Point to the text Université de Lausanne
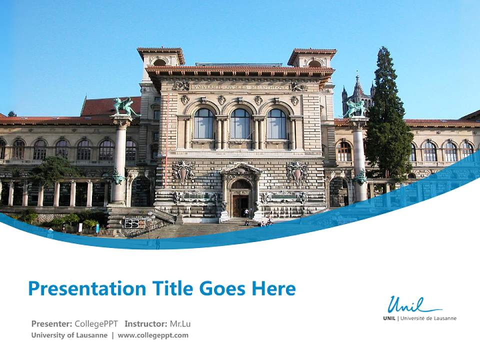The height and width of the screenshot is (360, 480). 428,318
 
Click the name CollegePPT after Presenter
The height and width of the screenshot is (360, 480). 96,324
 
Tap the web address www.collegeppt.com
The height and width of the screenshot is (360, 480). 153,335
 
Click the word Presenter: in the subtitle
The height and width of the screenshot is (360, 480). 51,324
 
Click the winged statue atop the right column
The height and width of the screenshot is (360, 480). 355,108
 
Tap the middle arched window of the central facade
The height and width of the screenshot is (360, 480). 240,123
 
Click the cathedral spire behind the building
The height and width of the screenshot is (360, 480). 357,89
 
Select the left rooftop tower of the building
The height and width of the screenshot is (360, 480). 160,57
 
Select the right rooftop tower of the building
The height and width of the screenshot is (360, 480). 312,58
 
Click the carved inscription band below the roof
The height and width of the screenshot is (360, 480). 240,87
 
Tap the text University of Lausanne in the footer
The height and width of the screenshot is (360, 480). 69,335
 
